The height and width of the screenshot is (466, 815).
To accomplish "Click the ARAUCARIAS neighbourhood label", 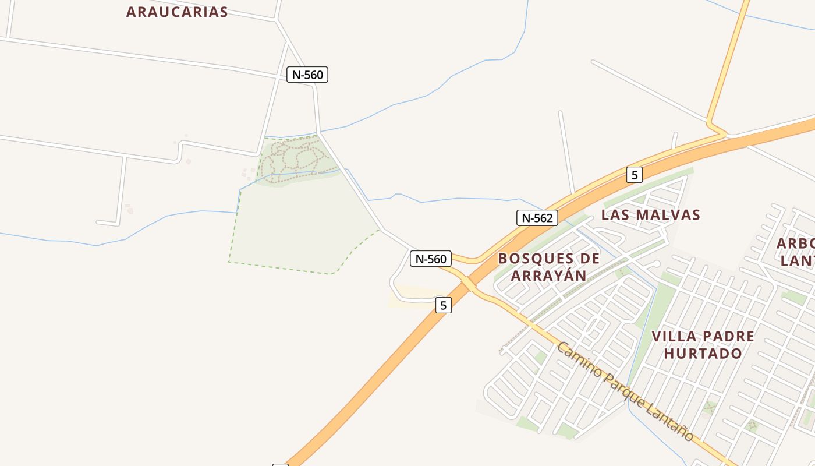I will (177, 12).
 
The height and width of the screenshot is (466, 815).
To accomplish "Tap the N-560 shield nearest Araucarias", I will (307, 75).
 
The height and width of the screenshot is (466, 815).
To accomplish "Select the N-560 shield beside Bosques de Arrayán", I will (431, 259).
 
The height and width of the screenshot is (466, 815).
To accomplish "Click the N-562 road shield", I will (537, 218).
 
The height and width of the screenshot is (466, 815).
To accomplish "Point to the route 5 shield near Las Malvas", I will (634, 174).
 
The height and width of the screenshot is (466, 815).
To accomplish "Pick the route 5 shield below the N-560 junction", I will (443, 305).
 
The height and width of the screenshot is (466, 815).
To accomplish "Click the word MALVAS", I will (667, 215).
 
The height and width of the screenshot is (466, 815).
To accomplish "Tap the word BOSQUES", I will (531, 259).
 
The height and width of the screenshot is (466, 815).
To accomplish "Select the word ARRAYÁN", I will (548, 276).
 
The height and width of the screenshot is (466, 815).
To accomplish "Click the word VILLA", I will (674, 337).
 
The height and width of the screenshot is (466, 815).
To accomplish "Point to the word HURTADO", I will (703, 354).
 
